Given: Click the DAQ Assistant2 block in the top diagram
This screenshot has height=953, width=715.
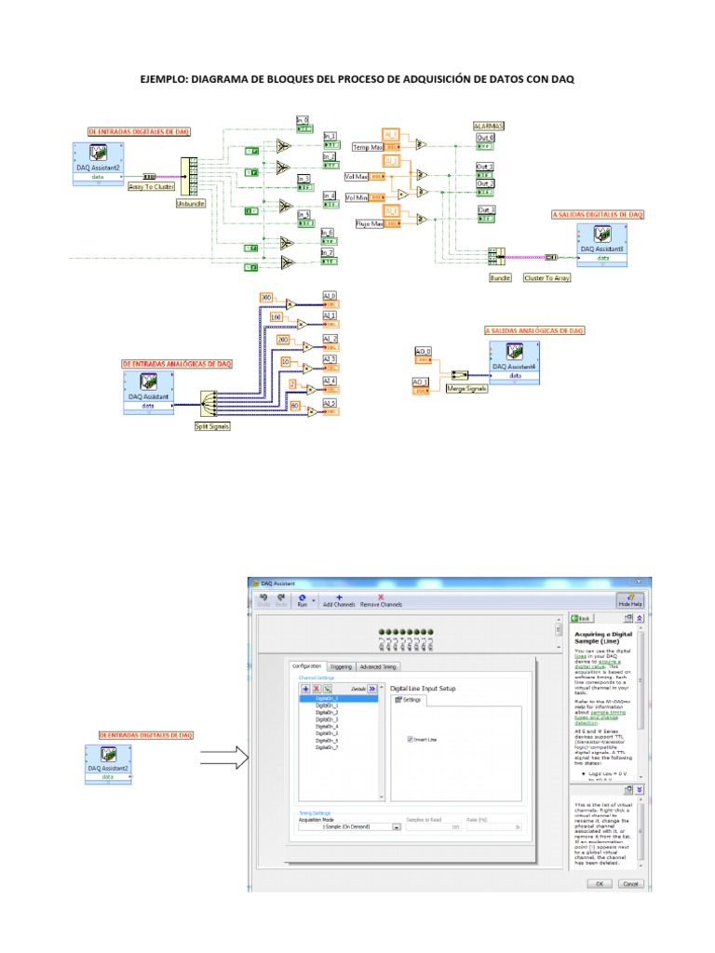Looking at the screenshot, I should pos(100,160).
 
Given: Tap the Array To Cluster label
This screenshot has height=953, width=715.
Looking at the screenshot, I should pos(151,186).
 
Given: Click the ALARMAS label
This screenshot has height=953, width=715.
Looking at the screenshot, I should pos(489,125).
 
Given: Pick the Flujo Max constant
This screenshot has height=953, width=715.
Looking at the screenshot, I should pos(371,223).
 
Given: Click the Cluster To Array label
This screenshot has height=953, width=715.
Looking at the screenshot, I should pos(547,276).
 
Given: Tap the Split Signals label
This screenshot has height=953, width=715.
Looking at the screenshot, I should pos(212,425).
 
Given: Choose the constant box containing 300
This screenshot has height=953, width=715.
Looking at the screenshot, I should pos(267,296).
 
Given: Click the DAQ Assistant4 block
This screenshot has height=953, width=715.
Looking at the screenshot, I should pos(513,358).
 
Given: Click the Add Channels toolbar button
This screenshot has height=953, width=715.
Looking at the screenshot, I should pos(339,601).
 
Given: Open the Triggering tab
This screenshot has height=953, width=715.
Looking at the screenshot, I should pos(342,666).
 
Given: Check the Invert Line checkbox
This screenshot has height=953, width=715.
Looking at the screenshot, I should pos(411,739).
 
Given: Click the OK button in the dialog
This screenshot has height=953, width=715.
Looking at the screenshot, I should pos(600,883).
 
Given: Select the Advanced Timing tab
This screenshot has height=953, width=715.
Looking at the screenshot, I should pos(378,666).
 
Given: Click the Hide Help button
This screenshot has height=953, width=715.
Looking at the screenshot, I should pos(630,600).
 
